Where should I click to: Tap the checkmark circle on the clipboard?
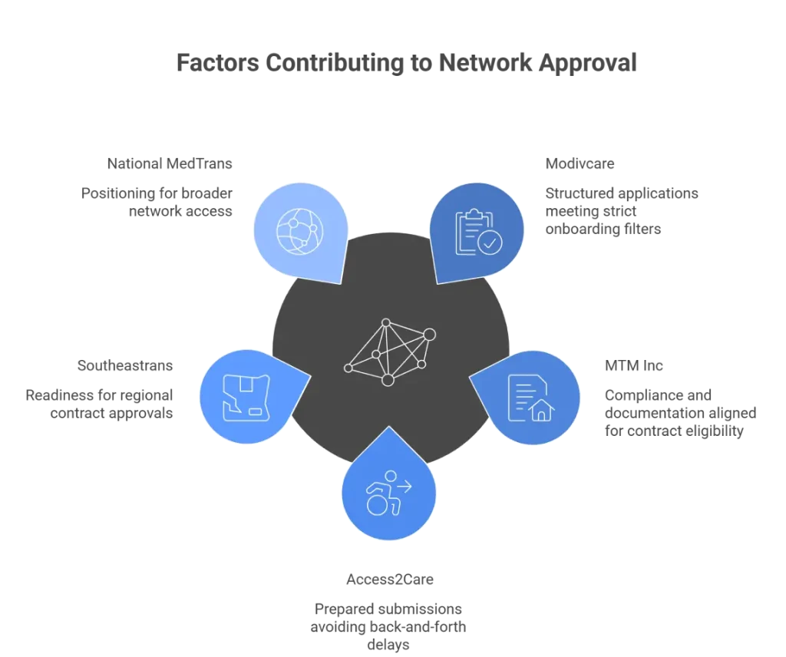489,243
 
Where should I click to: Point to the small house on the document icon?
542,411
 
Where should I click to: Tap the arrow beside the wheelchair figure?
402,486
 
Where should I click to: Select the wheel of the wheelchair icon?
378,505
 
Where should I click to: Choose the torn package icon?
246,396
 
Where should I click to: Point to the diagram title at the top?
405,62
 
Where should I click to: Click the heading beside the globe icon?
169,165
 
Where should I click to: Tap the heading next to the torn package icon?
125,365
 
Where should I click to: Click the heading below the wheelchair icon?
389,580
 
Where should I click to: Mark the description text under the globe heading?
157,201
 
